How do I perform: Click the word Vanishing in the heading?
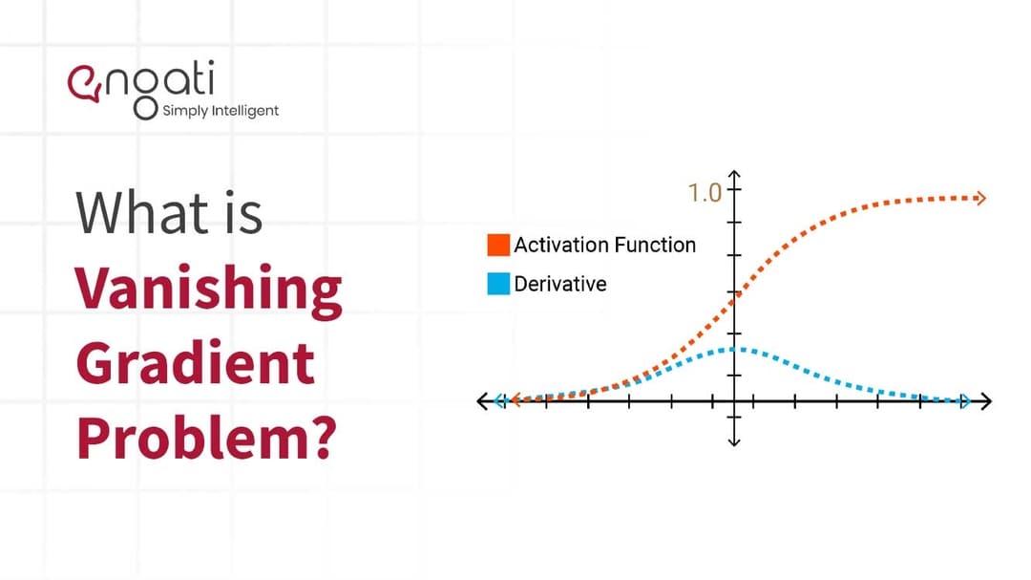[209, 288]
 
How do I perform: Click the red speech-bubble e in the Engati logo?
[82, 81]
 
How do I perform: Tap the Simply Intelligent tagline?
[221, 110]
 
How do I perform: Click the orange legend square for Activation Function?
[498, 245]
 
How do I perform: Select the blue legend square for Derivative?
[498, 284]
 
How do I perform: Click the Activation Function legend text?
[604, 245]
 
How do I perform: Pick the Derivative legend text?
[559, 284]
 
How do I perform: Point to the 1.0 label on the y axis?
[705, 193]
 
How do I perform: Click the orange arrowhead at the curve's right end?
[979, 198]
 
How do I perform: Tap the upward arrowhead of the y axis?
[734, 176]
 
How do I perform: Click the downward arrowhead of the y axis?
[734, 440]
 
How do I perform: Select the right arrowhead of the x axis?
[985, 401]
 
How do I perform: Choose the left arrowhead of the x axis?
[484, 401]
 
